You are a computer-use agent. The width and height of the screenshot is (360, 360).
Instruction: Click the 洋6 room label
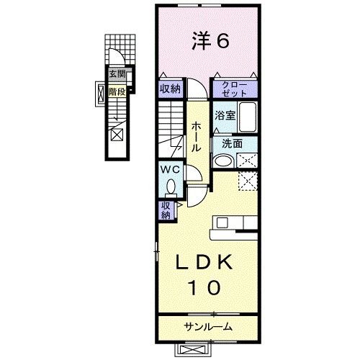(210, 41)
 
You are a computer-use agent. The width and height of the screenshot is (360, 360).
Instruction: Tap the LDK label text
(204, 262)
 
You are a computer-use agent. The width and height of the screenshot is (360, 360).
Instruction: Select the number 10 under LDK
(204, 287)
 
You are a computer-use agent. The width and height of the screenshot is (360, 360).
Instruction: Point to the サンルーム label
(208, 327)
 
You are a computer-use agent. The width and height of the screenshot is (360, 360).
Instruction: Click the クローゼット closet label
(235, 89)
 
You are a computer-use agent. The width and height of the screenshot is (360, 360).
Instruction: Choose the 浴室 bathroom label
(225, 115)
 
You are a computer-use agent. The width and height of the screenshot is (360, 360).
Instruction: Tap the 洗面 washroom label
(232, 143)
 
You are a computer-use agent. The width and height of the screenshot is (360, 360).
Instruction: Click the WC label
(170, 170)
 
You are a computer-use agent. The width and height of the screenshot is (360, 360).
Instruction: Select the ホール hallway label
(196, 137)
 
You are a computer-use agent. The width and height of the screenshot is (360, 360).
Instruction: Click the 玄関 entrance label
(117, 73)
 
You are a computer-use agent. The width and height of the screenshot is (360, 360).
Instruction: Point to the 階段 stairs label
(117, 91)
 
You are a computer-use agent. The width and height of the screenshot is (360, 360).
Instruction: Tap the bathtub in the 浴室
(248, 117)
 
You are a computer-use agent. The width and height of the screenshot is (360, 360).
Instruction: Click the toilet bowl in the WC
(171, 186)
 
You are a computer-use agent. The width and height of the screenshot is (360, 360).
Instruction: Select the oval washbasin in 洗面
(223, 161)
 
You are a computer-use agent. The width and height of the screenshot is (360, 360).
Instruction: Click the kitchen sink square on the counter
(222, 222)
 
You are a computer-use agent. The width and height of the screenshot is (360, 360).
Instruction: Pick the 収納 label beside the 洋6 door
(170, 89)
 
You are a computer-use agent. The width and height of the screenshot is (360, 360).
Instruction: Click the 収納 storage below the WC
(166, 210)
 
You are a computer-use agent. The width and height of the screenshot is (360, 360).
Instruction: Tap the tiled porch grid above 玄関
(120, 50)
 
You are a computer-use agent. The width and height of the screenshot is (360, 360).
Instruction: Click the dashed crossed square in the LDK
(248, 181)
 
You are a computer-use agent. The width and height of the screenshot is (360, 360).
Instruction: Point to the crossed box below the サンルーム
(192, 349)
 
